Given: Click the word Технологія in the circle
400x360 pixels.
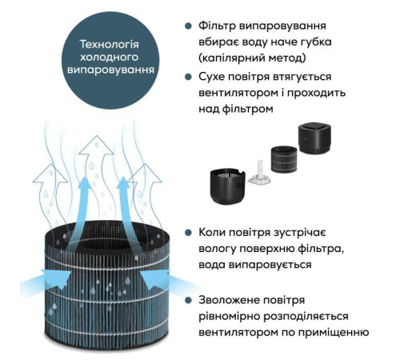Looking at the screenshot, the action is (110, 44).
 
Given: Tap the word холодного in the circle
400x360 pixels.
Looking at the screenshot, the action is (110, 57).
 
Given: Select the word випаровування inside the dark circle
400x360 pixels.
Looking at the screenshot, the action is (110, 70).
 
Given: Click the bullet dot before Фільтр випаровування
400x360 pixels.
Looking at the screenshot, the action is (188, 26).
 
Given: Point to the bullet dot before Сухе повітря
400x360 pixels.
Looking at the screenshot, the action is (188, 77).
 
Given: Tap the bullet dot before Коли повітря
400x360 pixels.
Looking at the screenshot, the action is (188, 233).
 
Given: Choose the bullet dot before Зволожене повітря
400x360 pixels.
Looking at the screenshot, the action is (188, 300).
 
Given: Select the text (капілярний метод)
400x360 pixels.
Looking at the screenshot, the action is (252, 58).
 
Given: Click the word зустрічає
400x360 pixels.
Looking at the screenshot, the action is (299, 233).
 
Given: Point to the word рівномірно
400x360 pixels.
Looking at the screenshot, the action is (230, 317).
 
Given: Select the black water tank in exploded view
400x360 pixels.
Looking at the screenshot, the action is (227, 186).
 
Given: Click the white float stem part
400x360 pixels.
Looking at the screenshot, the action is (260, 174).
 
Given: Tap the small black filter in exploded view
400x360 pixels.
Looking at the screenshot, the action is (284, 159).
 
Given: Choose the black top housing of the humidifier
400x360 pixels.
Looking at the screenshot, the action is (314, 138).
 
